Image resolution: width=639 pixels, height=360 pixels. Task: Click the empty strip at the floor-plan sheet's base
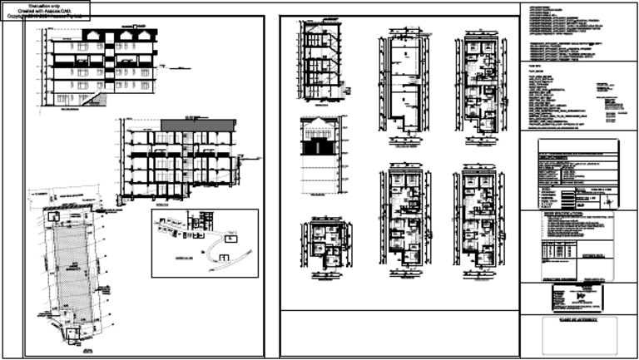coord(399,333)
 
